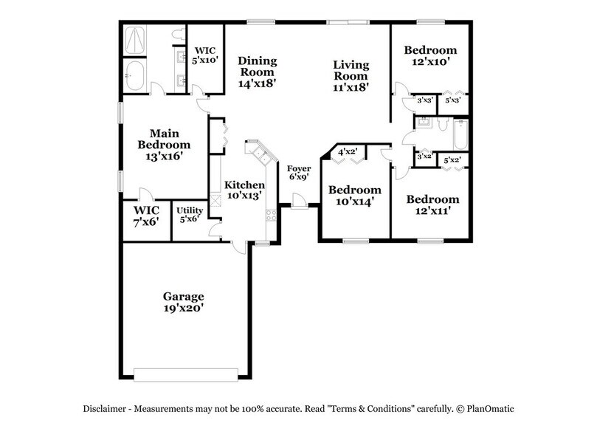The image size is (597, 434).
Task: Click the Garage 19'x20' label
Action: pyautogui.click(x=184, y=302)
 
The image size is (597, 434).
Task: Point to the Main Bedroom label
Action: pyautogui.click(x=165, y=145)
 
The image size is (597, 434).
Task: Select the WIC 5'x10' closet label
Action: pyautogui.click(x=204, y=57)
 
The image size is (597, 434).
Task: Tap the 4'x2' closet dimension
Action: pyautogui.click(x=348, y=152)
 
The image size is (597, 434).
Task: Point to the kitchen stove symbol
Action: pyautogui.click(x=271, y=216)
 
